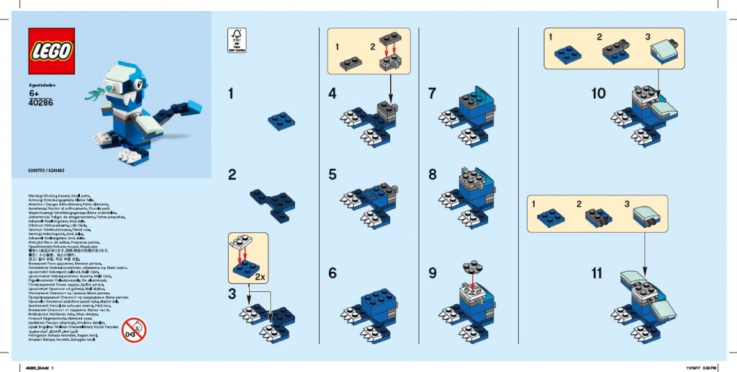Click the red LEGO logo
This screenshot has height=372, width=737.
51,51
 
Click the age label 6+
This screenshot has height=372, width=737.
34,94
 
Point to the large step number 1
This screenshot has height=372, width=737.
231,94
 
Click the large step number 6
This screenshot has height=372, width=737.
332,273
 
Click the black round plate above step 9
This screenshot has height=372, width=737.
471,265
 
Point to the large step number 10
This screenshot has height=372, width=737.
599,94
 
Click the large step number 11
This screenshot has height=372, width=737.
597,274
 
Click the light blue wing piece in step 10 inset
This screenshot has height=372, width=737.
662,52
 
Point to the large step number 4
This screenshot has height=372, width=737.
332,94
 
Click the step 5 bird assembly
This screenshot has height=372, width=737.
372,201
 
